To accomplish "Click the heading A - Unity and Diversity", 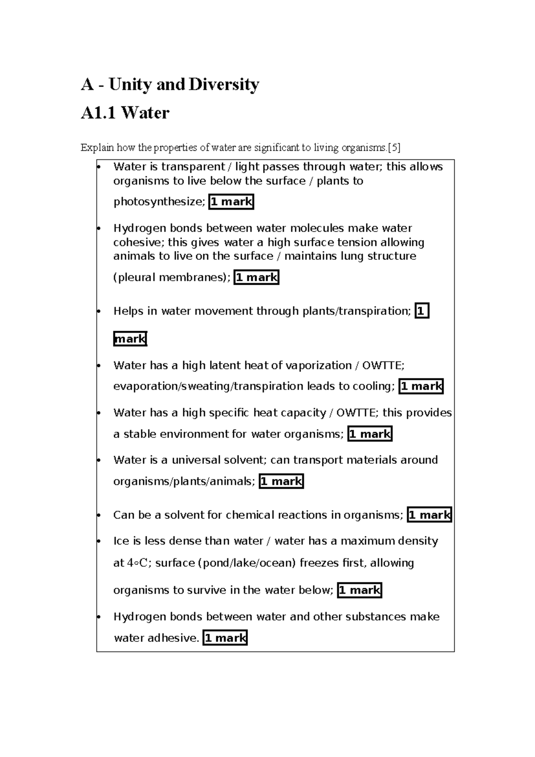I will (170, 84).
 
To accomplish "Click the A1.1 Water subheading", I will (125, 113).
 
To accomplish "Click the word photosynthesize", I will (159, 202).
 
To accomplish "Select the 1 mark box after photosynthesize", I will (231, 202).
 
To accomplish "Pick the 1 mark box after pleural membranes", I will (256, 277).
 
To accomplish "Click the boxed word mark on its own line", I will (130, 339).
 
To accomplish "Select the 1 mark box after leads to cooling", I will (421, 386).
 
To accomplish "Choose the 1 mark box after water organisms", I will (370, 434).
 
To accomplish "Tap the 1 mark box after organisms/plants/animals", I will (281, 481).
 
